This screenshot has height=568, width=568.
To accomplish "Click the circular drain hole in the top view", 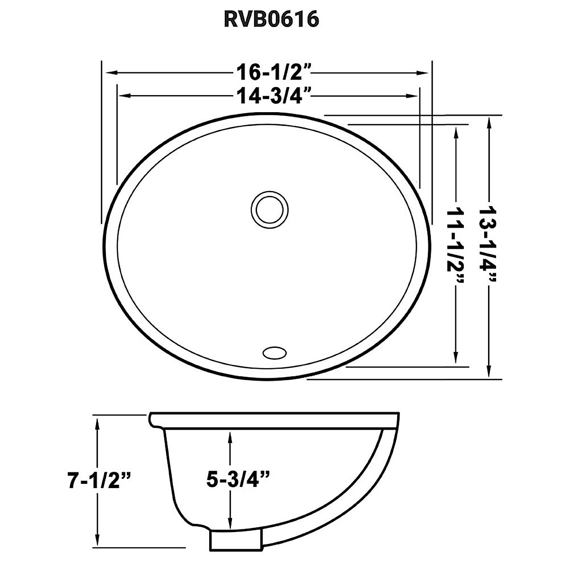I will [269, 208].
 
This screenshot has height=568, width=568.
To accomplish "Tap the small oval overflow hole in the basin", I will [272, 352].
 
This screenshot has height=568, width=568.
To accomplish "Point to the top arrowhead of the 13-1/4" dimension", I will [488, 121].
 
